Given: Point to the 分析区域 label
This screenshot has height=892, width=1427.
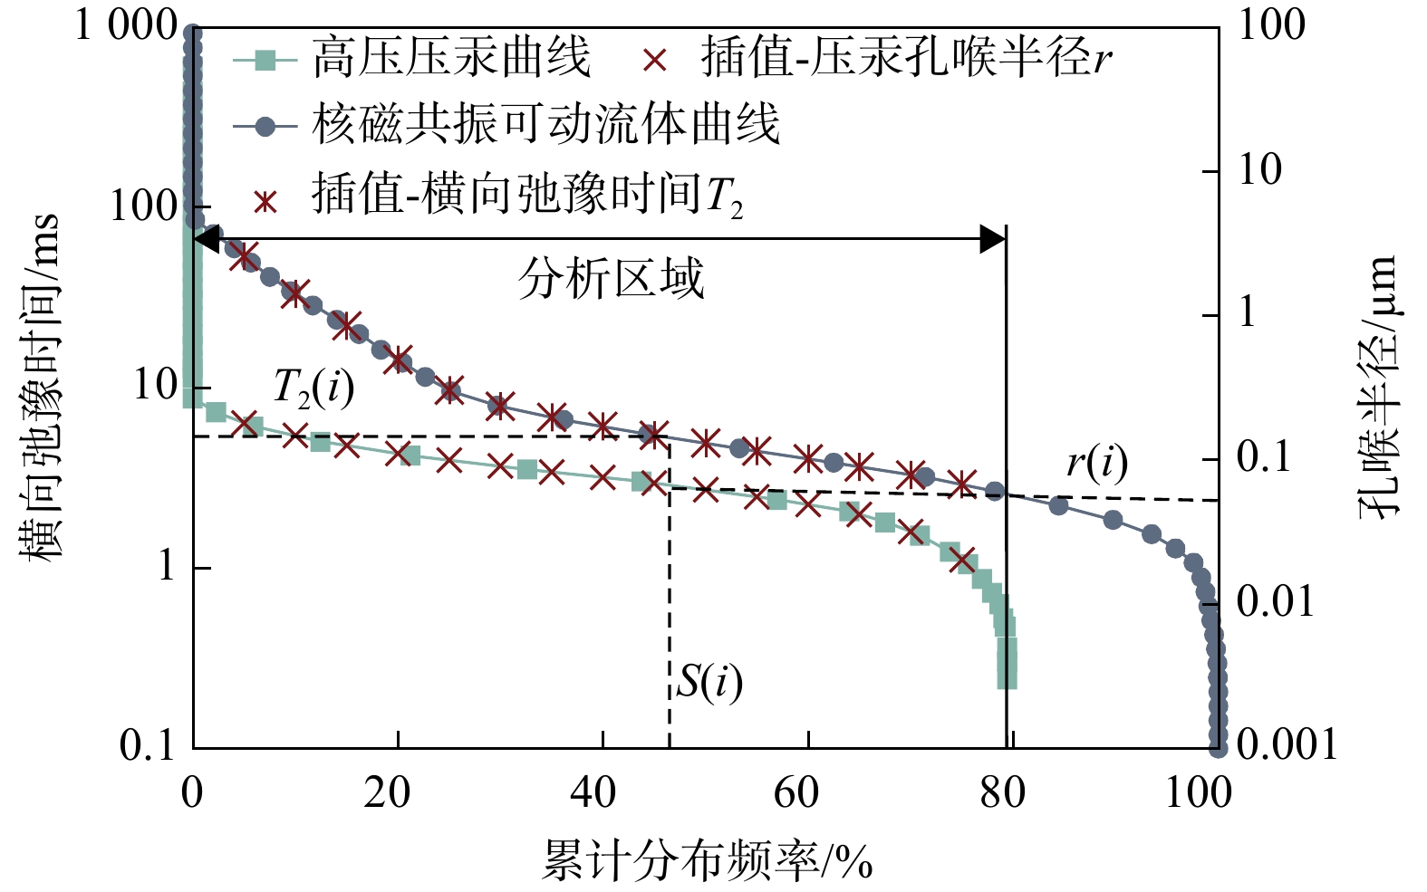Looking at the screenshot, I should click(611, 279).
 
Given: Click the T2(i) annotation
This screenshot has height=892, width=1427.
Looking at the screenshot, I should click(313, 390).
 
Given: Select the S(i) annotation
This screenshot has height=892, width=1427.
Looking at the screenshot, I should click(709, 683).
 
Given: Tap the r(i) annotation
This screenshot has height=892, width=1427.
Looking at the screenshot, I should click(1096, 464).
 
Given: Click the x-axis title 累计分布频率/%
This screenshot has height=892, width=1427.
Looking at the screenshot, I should click(707, 860).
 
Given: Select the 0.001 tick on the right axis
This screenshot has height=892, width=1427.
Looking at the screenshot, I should click(1287, 744).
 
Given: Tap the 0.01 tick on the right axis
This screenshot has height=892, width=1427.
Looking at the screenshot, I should click(1275, 601).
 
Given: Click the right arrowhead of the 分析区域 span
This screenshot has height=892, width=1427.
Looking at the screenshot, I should click(993, 240).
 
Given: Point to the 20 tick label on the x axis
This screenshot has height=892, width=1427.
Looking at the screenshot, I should click(388, 793).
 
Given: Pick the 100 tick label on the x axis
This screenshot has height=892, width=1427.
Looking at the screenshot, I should click(1197, 793).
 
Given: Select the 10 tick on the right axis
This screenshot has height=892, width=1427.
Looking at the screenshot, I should click(1259, 169).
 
